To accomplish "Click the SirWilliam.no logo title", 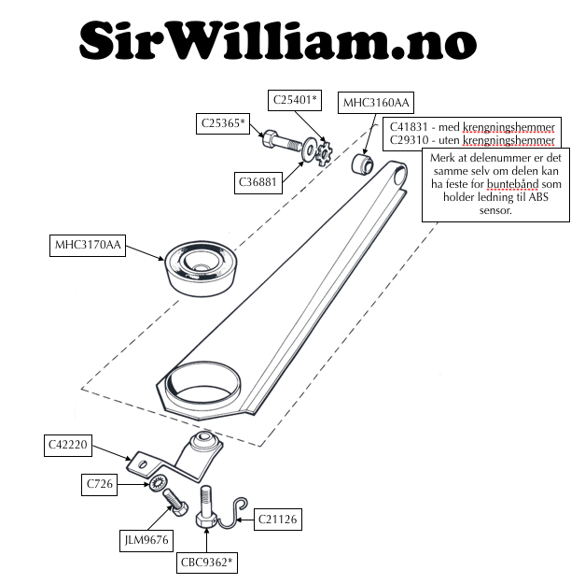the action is click(278, 39).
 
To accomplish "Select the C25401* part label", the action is click(295, 100).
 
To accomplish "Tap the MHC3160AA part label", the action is click(376, 103).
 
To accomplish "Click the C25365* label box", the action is click(223, 123).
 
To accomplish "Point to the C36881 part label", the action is click(258, 182).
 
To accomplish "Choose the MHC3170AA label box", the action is click(88, 245).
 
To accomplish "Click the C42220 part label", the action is click(68, 445).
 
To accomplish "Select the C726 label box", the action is click(99, 485).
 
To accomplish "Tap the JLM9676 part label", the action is click(146, 540).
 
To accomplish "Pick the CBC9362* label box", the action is click(207, 563).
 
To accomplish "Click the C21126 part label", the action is click(278, 519).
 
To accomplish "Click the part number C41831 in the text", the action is click(409, 127).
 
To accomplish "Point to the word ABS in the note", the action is click(538, 197).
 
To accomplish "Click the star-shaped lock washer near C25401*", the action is click(324, 152).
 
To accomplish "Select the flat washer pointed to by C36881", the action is click(309, 150).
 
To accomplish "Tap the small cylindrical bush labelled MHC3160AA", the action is click(362, 163).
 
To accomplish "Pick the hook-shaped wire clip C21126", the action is click(232, 513).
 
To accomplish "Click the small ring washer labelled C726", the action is click(159, 483).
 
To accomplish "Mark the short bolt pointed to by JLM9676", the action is click(175, 503).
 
